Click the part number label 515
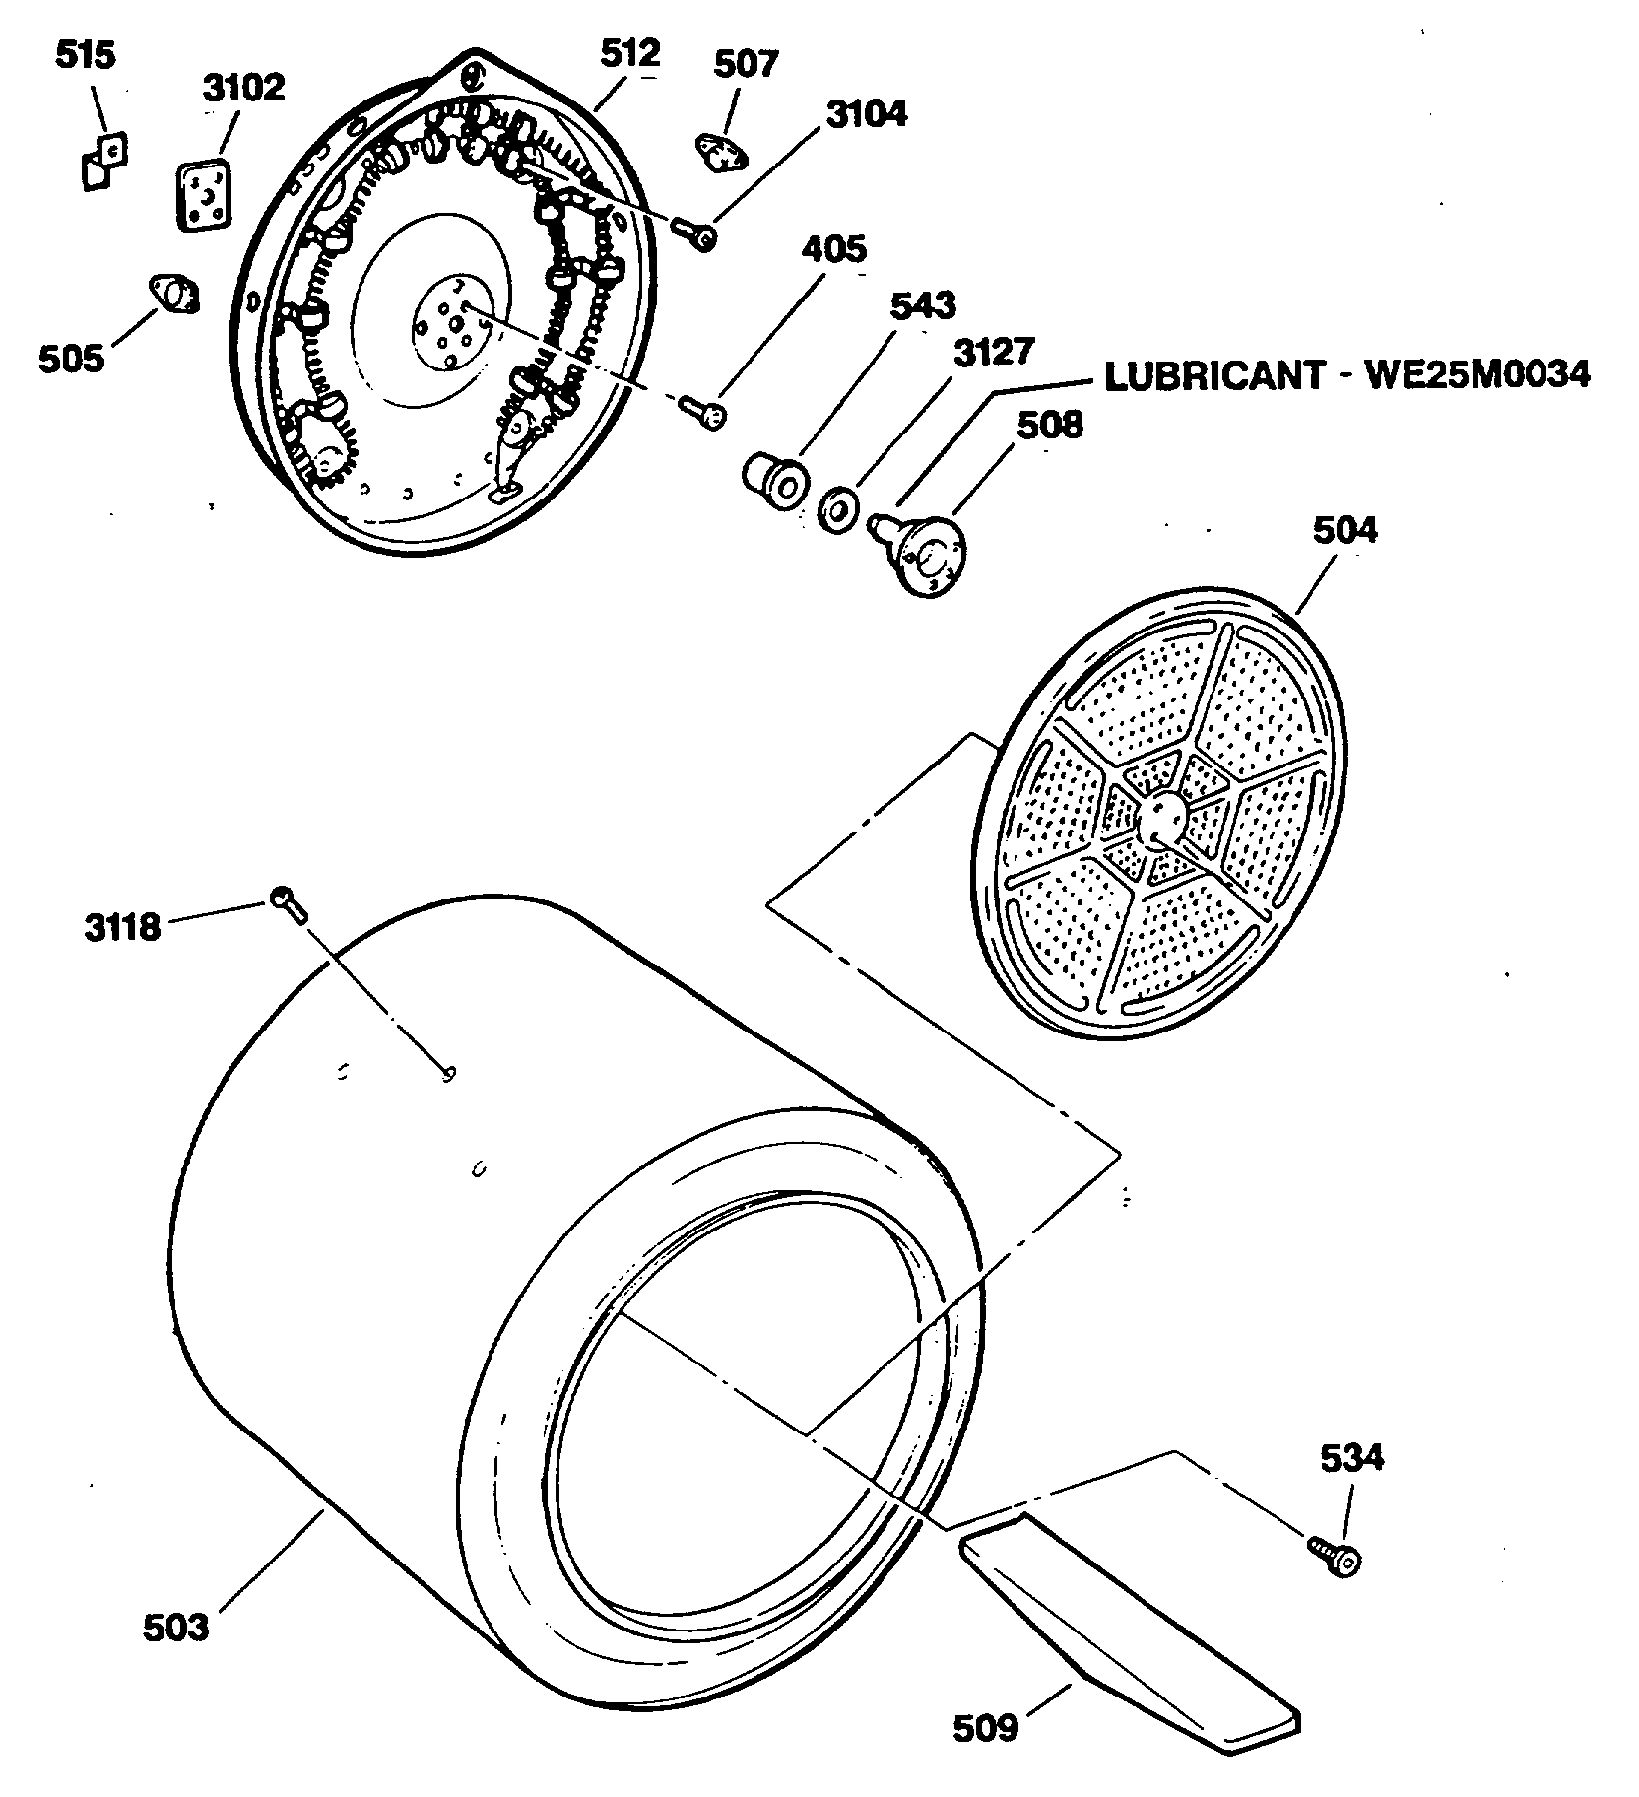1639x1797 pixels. [x=84, y=56]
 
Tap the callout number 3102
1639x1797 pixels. [x=243, y=88]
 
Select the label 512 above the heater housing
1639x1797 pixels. [x=629, y=52]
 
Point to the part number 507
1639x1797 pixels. [x=746, y=65]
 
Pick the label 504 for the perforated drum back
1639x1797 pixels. [x=1344, y=530]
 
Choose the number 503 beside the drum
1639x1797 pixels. [x=176, y=1627]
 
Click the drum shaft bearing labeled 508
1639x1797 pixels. [x=923, y=552]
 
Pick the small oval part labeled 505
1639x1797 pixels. [x=173, y=295]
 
